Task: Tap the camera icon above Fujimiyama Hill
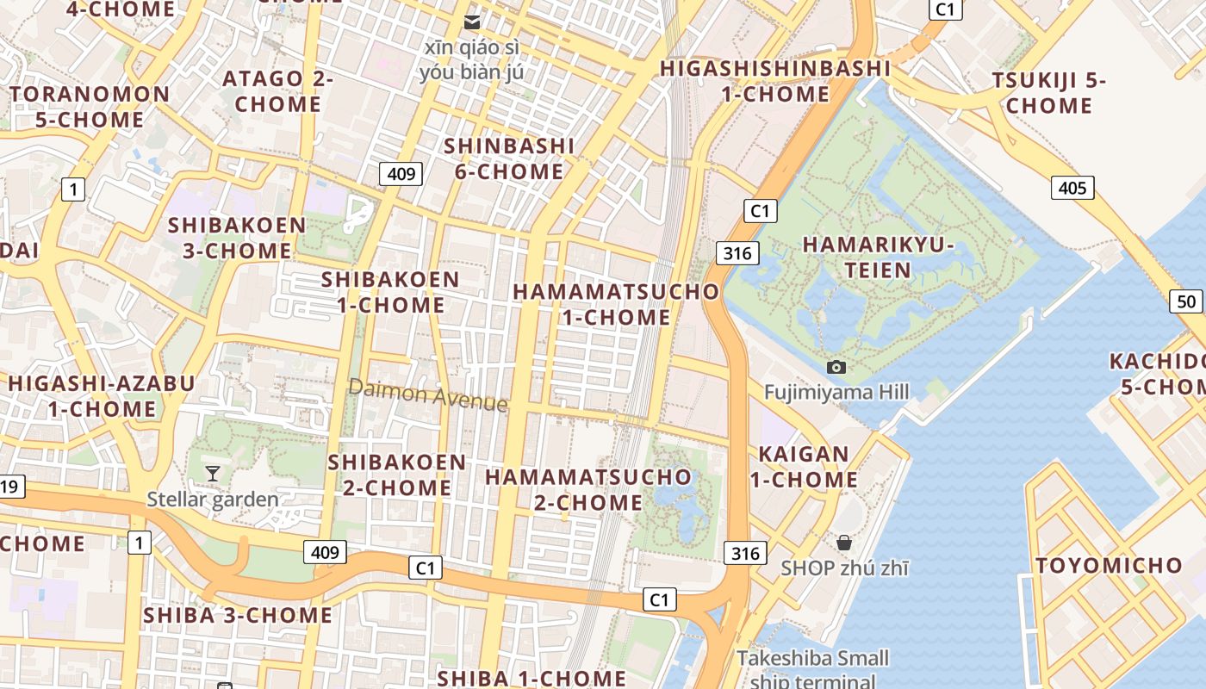click(x=836, y=368)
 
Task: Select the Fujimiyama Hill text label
click(x=836, y=393)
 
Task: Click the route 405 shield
click(x=1072, y=187)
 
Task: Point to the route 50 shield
click(x=1186, y=301)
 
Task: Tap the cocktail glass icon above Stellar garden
click(x=213, y=473)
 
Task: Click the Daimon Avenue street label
click(x=428, y=396)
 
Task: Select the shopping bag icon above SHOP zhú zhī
click(x=844, y=543)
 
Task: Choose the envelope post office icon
click(x=472, y=22)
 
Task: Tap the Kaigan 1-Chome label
click(x=804, y=466)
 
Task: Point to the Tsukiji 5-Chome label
click(x=1048, y=93)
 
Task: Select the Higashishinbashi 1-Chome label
click(x=775, y=81)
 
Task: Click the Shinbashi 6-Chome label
click(x=509, y=158)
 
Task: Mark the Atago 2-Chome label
click(x=277, y=91)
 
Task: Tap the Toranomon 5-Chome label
click(x=90, y=107)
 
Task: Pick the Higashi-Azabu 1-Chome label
click(x=102, y=395)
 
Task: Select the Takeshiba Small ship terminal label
click(x=812, y=669)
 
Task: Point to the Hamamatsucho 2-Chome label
click(x=588, y=488)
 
